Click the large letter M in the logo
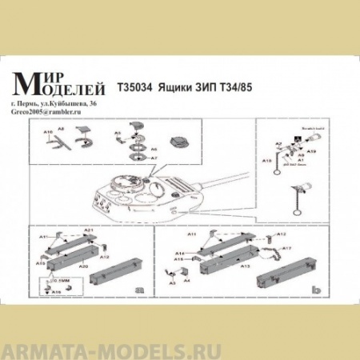pyautogui.click(x=29, y=80)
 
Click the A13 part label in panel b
pyautogui.click(x=246, y=264)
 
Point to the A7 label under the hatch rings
pyautogui.click(x=155, y=157)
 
